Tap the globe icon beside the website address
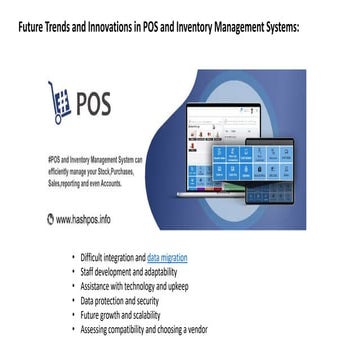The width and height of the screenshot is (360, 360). [x=51, y=217]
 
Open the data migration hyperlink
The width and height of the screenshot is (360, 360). [x=167, y=257]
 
